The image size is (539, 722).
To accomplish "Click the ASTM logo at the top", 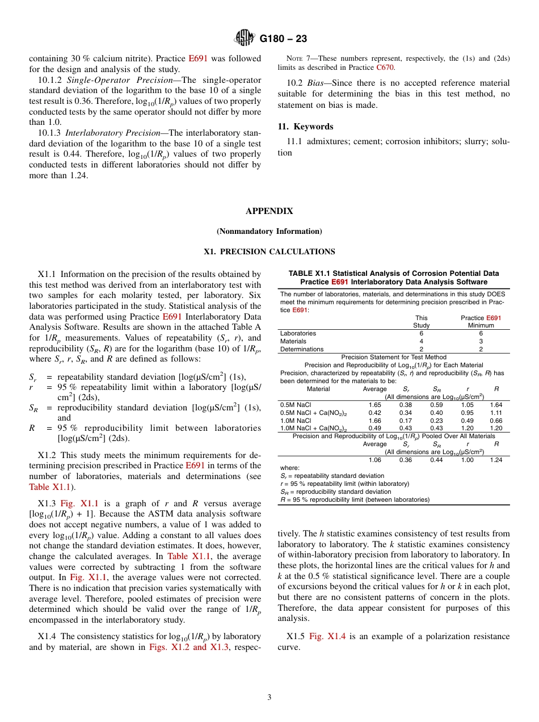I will [x=245, y=39].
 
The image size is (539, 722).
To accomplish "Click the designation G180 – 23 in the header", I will [x=283, y=39].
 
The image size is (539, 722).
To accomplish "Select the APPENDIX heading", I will [x=269, y=211].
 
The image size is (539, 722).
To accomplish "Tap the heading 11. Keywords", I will [x=305, y=127].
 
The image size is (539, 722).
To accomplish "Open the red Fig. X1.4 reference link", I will [x=324, y=636].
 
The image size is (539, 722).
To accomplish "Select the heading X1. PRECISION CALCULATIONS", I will [x=269, y=251].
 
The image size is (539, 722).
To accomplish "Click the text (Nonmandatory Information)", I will [x=269, y=231].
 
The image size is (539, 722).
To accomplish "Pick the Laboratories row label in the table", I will [x=298, y=333].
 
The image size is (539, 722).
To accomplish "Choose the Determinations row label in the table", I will [x=302, y=349].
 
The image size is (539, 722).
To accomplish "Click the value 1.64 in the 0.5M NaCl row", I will [x=496, y=405].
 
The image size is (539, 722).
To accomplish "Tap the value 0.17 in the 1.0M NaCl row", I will [x=405, y=421].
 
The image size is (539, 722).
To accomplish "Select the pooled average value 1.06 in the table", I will [x=374, y=460].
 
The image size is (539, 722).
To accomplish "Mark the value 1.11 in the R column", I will [x=496, y=413].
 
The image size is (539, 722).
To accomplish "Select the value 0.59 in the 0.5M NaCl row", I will [x=436, y=405].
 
